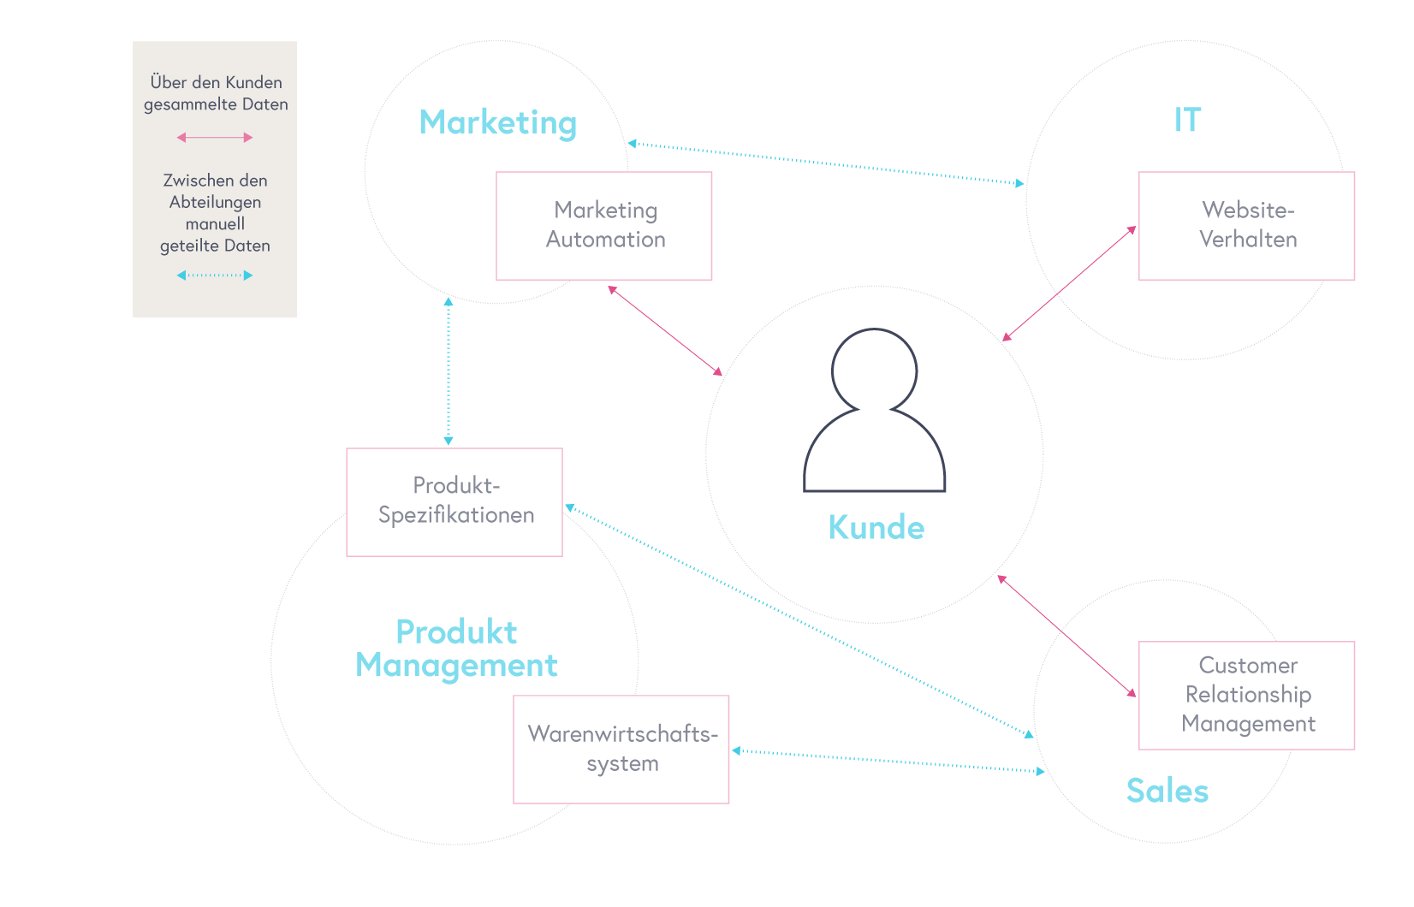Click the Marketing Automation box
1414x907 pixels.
(x=603, y=225)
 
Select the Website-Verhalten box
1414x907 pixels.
(x=1245, y=225)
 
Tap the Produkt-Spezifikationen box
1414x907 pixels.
(x=454, y=501)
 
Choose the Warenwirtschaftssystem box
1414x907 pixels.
(x=621, y=749)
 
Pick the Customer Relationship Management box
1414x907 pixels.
(x=1245, y=695)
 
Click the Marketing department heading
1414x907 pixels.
(x=497, y=122)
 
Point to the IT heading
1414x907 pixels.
(x=1187, y=120)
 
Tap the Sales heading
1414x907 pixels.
(x=1167, y=791)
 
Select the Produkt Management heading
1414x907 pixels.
(x=456, y=649)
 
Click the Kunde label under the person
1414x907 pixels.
(x=876, y=527)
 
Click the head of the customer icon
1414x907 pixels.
(x=874, y=370)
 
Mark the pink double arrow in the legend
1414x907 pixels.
(x=215, y=137)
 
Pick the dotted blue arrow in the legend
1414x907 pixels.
(x=215, y=275)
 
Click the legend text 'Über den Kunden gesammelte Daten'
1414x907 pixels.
(x=215, y=93)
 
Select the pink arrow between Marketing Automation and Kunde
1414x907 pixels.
(x=665, y=330)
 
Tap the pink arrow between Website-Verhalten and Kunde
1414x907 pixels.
(x=1070, y=283)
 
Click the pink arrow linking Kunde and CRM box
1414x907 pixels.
(x=1067, y=636)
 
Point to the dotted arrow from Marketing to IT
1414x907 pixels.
(x=826, y=163)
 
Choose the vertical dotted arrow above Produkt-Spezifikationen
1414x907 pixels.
(x=448, y=371)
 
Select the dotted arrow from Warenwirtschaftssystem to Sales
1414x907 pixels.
(x=888, y=761)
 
